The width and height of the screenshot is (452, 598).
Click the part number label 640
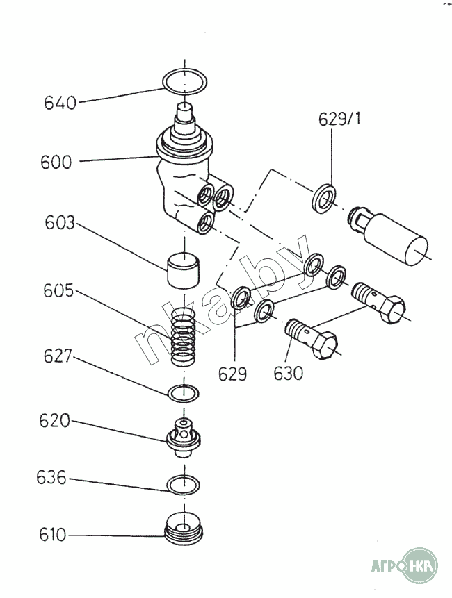point(60,103)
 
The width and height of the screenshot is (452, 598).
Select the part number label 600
point(56,162)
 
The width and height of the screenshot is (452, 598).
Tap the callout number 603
point(60,223)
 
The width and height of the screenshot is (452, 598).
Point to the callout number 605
point(58,291)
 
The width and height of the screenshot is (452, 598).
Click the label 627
point(58,356)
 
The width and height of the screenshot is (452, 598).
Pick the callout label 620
point(55,422)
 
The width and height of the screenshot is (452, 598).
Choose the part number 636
point(51,478)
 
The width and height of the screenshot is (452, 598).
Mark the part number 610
point(53,535)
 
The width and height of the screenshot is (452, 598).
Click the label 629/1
point(339,119)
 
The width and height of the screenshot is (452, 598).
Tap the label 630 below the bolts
point(288,373)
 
